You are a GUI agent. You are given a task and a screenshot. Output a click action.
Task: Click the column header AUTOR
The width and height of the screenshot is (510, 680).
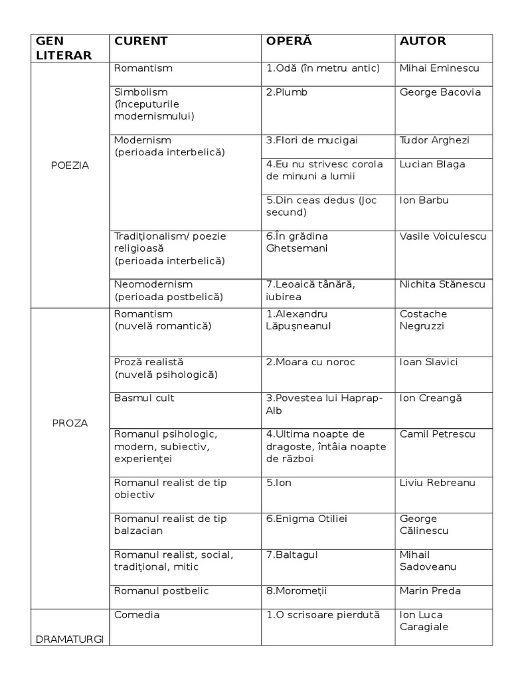(422, 41)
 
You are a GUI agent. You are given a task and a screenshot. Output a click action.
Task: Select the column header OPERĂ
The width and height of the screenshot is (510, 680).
(289, 41)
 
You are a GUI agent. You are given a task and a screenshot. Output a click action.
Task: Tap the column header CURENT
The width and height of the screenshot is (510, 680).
(141, 41)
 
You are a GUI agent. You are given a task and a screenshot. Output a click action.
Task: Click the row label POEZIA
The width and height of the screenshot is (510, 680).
(70, 165)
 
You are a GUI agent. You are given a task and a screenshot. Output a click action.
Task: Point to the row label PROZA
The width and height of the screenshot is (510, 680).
(70, 422)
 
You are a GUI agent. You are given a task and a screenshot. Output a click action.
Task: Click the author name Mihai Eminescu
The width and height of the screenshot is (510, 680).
(439, 68)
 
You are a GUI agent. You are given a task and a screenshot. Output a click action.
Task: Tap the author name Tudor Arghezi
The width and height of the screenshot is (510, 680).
(434, 140)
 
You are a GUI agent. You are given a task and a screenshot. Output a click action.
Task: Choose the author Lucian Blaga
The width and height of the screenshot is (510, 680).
(432, 164)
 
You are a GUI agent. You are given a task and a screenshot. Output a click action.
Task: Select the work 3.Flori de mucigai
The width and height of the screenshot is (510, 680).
(303, 140)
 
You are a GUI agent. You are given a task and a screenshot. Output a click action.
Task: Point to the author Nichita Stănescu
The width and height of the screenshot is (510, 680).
(442, 284)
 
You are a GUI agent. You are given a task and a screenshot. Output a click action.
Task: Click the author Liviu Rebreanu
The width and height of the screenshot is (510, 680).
(438, 483)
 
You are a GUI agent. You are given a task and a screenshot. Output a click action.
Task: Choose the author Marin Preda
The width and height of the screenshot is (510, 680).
(430, 590)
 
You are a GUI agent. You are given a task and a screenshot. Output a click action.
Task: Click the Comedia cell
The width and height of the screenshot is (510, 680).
(137, 614)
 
